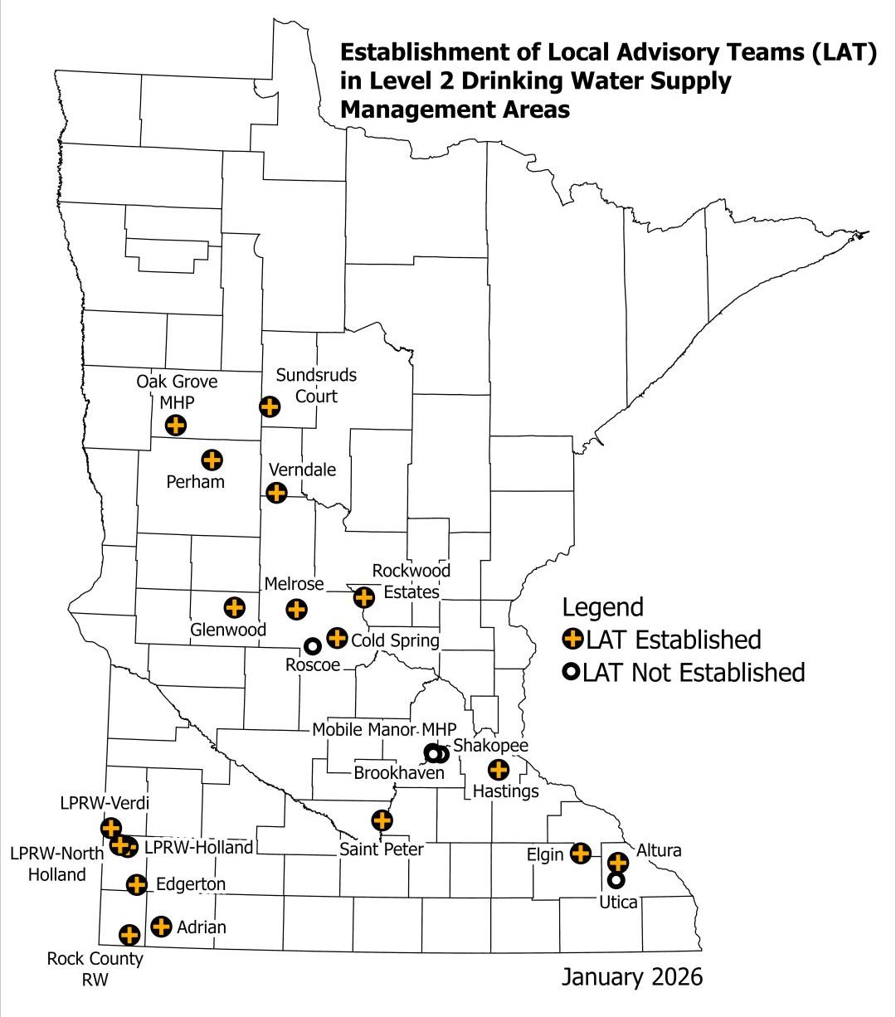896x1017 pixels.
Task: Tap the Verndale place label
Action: pos(302,470)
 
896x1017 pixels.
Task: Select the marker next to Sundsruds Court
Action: pos(269,406)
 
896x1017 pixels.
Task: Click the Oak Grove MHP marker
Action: pos(175,426)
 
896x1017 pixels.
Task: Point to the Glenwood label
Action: pos(228,630)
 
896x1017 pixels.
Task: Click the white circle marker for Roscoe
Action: pos(312,645)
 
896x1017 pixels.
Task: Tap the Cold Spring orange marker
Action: pos(336,638)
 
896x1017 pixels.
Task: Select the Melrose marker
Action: pos(295,609)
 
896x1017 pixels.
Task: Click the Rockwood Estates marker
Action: pos(363,596)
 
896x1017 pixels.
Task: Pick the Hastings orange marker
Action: pos(498,770)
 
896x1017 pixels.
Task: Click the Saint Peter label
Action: pos(382,849)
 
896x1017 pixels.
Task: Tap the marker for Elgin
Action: pos(581,852)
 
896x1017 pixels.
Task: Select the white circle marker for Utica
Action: pos(616,879)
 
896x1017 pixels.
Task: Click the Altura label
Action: pos(659,850)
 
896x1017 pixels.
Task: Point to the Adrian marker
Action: pos(161,926)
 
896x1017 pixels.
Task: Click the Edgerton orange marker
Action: pos(137,885)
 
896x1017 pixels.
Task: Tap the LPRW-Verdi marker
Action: pos(110,827)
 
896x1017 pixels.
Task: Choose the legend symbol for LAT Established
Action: pos(572,640)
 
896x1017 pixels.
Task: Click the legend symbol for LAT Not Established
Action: pos(572,672)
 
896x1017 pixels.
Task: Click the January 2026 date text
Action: pos(631,976)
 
